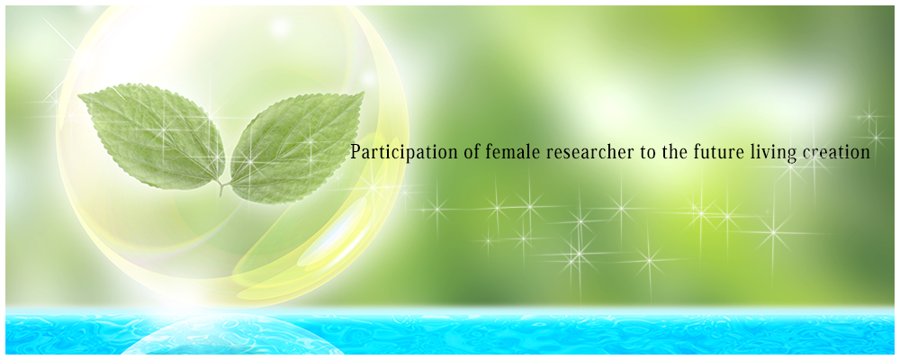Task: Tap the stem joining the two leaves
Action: (222, 186)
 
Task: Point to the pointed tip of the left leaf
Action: (78, 96)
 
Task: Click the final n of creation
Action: (865, 155)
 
